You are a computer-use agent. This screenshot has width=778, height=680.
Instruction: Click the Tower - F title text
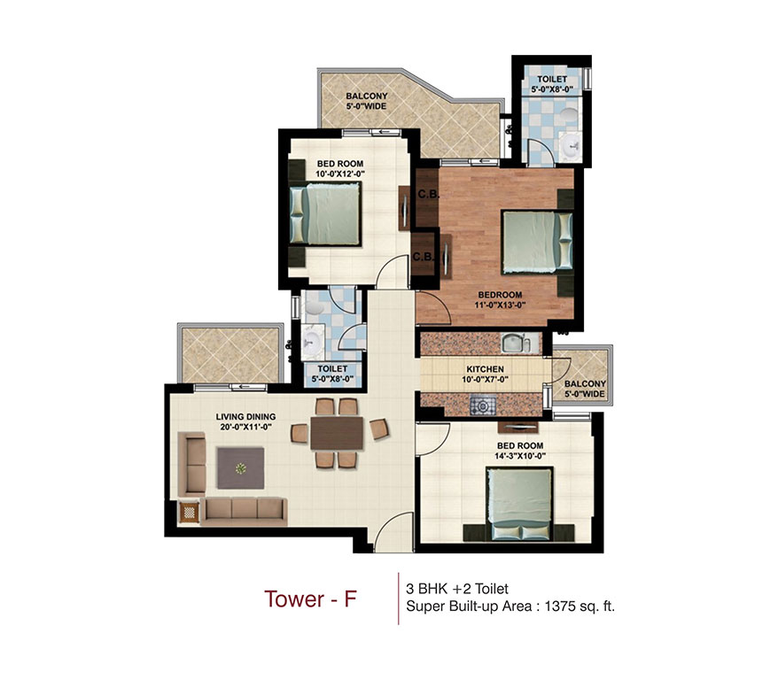[310, 599]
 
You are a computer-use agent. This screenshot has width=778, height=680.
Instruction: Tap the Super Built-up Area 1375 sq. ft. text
[510, 607]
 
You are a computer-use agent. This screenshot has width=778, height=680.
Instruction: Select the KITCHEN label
[485, 369]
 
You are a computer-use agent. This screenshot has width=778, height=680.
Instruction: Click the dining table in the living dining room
[336, 434]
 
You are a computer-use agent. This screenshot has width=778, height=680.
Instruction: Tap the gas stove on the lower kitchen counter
[484, 406]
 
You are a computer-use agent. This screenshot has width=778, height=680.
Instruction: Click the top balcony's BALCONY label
[365, 98]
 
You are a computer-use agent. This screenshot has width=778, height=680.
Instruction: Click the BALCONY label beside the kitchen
[583, 383]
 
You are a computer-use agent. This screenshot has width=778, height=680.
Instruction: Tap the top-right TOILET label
[548, 79]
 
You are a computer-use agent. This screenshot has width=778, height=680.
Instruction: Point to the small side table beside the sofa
[190, 513]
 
